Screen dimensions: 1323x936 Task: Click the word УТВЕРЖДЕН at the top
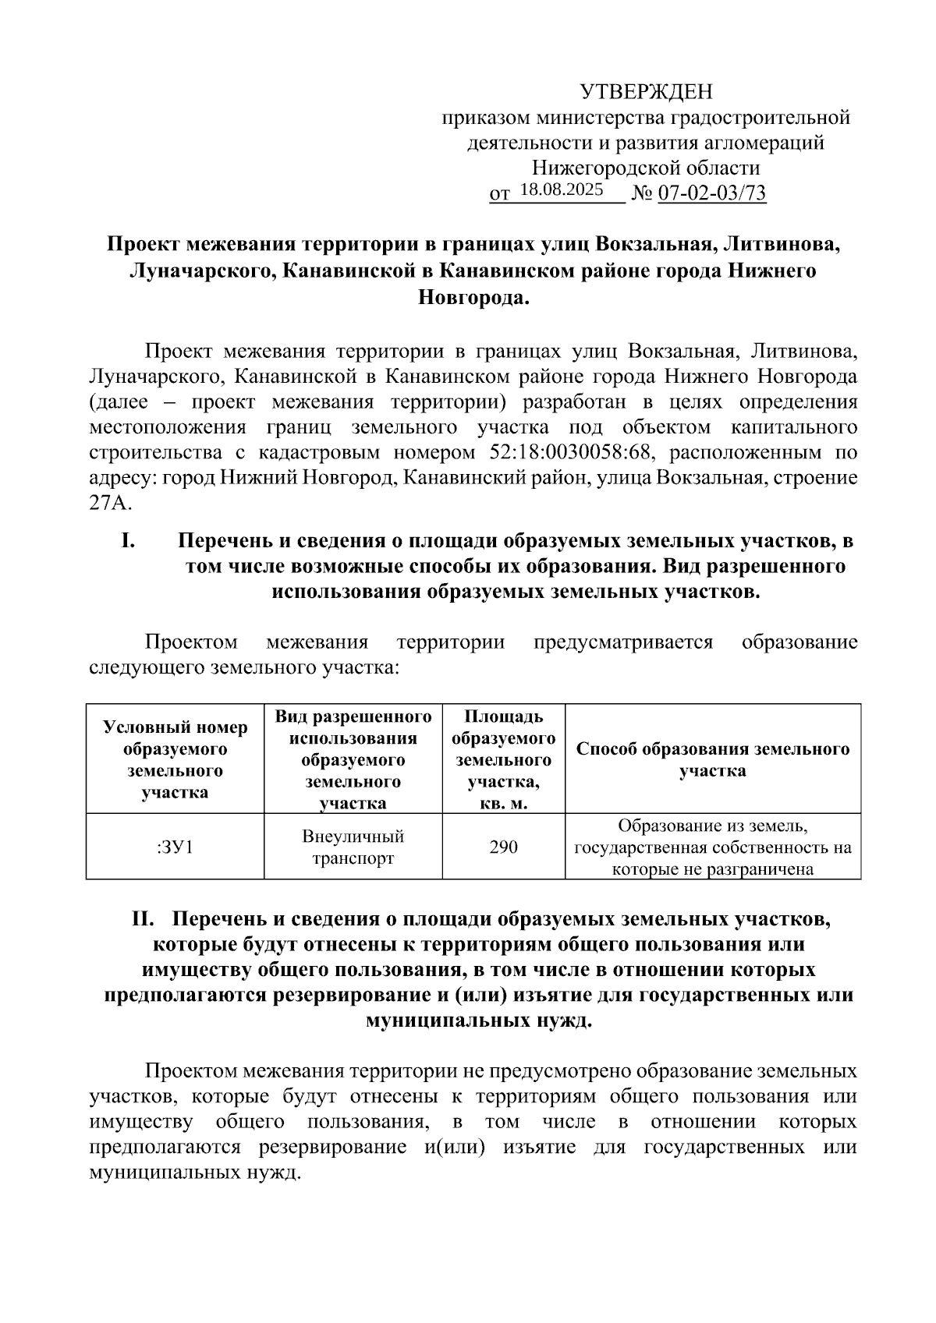647,93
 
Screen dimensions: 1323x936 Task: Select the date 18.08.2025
561,189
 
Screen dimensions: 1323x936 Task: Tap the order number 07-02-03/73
712,193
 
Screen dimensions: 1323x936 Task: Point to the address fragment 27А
110,503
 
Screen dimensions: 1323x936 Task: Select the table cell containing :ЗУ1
175,847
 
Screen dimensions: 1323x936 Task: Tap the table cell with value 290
503,847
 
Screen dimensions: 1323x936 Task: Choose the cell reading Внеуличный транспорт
353,847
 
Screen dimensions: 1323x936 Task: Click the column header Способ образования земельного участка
712,759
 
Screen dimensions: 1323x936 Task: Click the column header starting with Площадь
503,759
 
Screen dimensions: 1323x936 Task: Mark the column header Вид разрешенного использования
353,759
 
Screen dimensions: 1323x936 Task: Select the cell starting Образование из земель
712,847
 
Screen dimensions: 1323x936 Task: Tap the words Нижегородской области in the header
646,168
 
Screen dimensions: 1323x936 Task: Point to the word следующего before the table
144,667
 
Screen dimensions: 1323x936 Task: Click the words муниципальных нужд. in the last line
195,1172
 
